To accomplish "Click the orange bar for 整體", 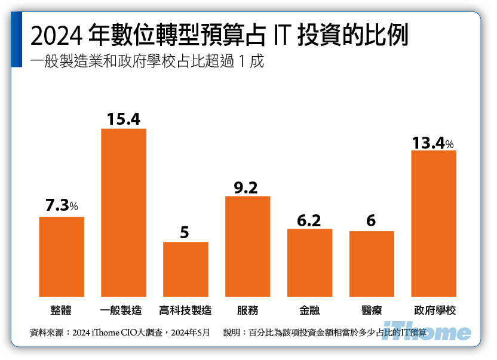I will point(62,256).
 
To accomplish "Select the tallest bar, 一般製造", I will point(124,212).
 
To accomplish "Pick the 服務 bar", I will point(248,246).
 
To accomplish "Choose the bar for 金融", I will point(309,262).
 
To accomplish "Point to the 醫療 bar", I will point(372,263).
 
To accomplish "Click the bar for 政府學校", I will point(434,223).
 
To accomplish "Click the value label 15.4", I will point(124,119).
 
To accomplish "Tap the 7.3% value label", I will point(62,207).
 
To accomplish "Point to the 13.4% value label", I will point(433,143).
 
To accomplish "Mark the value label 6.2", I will point(309,220).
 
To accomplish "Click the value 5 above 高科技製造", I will point(185,233).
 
